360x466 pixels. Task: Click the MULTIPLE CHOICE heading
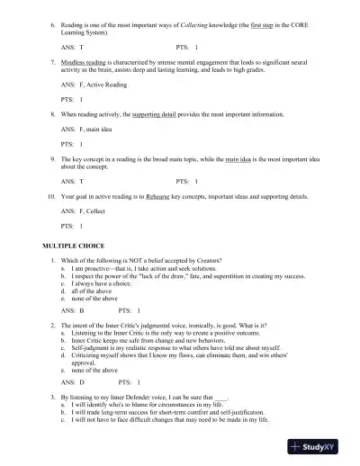73,245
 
